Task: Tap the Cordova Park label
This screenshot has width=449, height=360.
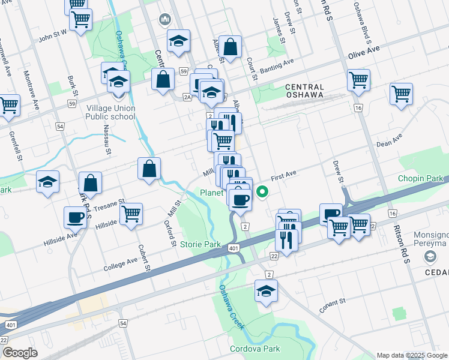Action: [255, 349]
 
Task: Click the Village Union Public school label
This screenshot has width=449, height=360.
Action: [110, 112]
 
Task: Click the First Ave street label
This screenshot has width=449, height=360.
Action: [283, 175]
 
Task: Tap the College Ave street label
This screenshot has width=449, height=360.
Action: [120, 265]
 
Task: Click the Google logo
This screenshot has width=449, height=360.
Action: [20, 352]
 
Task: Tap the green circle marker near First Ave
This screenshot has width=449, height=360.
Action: [262, 192]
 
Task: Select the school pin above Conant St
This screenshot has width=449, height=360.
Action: [265, 291]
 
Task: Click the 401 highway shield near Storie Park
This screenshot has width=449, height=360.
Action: [232, 247]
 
